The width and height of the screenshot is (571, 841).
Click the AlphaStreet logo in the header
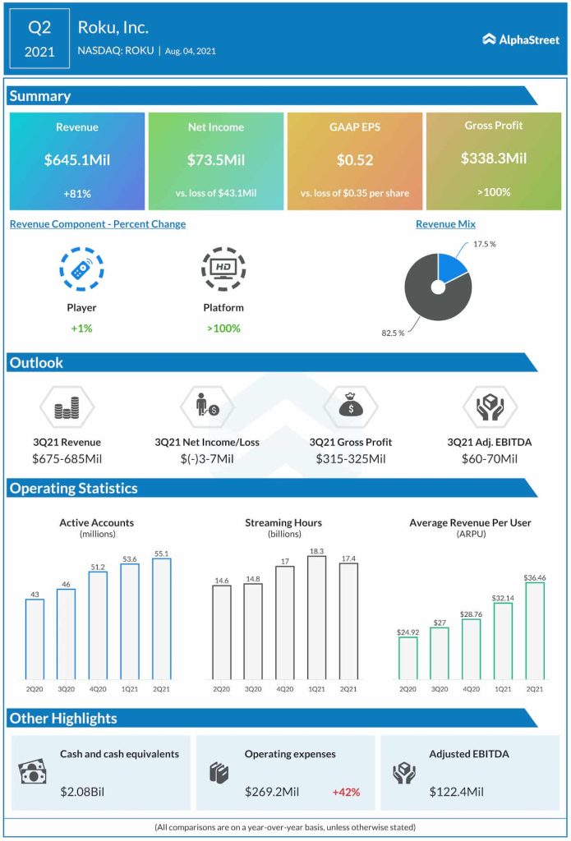pos(521,39)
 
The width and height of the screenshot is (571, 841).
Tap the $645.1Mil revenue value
pos(76,160)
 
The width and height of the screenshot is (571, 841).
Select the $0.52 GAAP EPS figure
pos(354,160)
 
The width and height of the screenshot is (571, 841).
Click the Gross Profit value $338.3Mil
pos(494,159)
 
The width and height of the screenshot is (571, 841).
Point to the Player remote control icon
pos(81,269)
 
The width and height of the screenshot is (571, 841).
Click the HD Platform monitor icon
pos(222,269)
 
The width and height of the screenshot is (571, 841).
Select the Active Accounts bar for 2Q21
pos(161,619)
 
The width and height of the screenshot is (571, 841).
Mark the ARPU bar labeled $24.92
pos(408,658)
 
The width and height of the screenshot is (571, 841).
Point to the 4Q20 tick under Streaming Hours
pos(285,687)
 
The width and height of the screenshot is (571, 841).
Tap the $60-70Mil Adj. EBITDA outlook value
pos(489,458)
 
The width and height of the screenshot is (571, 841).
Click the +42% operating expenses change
pos(346,793)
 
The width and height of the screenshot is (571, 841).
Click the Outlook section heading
pos(36,362)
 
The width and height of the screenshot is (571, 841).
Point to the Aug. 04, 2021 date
pos(191,51)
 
